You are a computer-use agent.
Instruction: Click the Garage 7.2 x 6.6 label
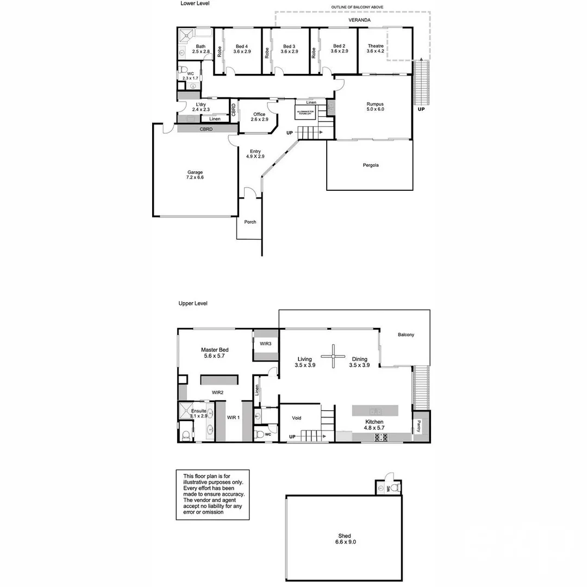(x=195, y=175)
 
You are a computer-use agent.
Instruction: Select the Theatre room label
(x=375, y=49)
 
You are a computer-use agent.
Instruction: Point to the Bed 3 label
(x=289, y=49)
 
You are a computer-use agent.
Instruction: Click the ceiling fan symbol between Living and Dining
(x=333, y=357)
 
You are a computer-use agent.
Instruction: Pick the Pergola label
(x=370, y=165)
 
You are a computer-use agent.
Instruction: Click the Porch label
(x=250, y=222)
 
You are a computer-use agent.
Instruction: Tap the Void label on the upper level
(x=296, y=418)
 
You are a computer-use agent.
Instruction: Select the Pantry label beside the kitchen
(x=419, y=427)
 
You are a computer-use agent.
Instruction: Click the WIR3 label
(x=265, y=344)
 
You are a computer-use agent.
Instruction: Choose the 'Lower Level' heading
(x=195, y=3)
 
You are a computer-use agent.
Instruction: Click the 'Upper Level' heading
(x=193, y=303)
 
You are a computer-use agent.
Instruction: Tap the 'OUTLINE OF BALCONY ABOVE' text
(x=357, y=7)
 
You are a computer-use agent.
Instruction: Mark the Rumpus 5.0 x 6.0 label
(x=375, y=107)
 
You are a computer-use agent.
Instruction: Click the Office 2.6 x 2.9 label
(x=259, y=117)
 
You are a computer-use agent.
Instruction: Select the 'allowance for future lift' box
(x=304, y=112)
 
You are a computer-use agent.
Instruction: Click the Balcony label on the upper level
(x=405, y=335)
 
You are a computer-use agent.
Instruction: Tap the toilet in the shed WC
(x=395, y=487)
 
